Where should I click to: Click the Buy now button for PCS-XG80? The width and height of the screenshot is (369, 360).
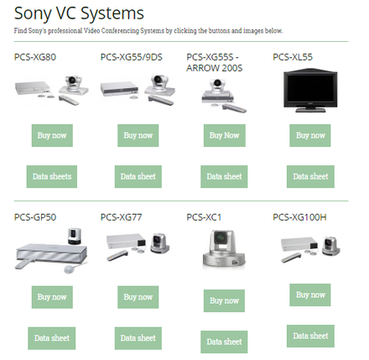tap(52, 135)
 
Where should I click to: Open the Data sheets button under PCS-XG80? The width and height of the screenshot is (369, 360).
tap(52, 176)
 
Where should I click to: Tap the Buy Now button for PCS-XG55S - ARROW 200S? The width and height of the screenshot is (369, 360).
tap(225, 135)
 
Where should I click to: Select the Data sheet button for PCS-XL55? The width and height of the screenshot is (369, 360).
tap(310, 176)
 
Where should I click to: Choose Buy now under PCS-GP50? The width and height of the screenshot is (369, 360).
tap(52, 297)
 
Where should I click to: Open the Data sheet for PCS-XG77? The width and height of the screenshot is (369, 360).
tap(138, 338)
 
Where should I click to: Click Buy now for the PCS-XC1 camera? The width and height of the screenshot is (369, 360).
tap(224, 300)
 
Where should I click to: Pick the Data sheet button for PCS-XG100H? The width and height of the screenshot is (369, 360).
tap(310, 336)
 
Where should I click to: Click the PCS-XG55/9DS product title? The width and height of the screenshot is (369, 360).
tap(132, 57)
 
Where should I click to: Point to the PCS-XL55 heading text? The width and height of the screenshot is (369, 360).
tap(293, 57)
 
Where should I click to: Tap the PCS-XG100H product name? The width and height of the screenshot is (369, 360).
tap(299, 217)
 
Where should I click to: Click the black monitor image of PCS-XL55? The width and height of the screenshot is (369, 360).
tap(310, 91)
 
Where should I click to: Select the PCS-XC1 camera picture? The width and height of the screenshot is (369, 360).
tap(224, 249)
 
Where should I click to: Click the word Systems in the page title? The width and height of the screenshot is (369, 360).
tap(112, 13)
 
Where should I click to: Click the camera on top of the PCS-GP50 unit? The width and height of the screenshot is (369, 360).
tap(75, 236)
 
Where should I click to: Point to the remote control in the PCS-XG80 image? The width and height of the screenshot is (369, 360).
tap(69, 100)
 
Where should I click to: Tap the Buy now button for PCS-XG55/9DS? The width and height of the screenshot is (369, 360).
tap(138, 135)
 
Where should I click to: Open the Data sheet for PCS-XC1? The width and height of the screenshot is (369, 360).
tap(224, 342)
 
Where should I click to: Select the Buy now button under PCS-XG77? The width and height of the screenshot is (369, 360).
tap(138, 297)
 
